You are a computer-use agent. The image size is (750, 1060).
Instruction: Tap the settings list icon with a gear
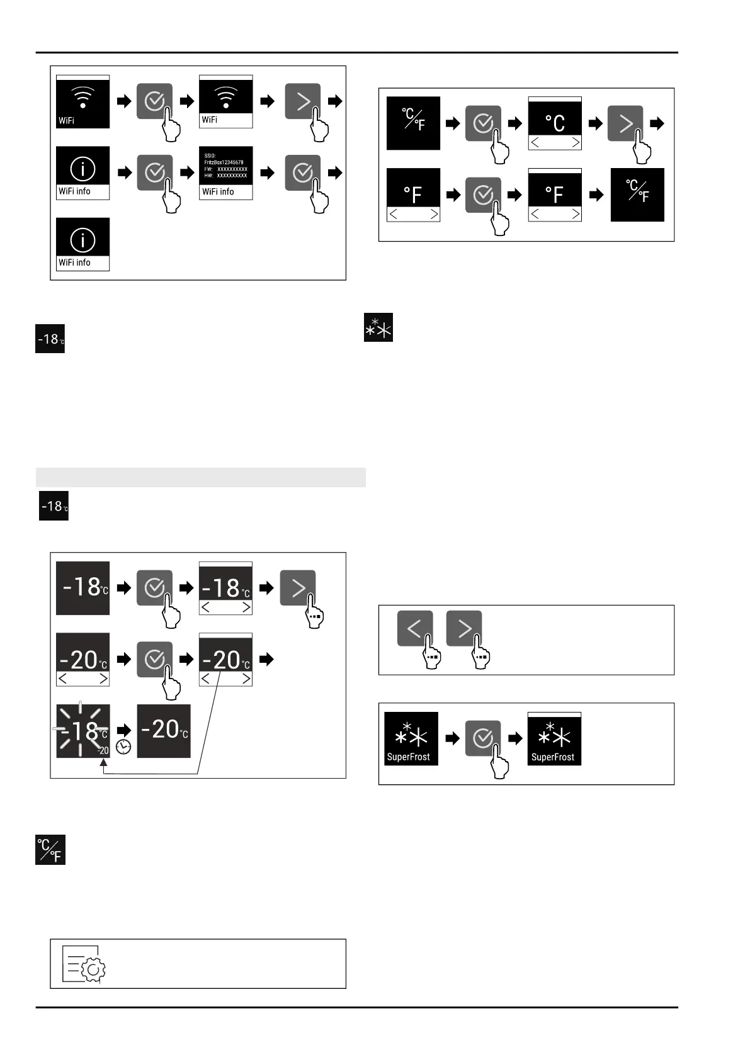pos(84,964)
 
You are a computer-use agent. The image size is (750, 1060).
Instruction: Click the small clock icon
pos(123,747)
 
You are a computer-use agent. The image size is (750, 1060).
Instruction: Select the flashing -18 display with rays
pos(82,731)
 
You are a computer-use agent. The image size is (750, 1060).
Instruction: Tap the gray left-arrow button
pos(415,628)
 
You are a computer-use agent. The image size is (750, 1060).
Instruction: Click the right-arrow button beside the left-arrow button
pos(464,628)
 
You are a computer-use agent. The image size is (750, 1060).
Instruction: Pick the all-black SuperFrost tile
pos(411,739)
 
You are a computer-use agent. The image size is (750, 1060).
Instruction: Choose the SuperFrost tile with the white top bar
pos(554,739)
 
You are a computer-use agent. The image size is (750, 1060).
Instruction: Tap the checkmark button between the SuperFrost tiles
pos(483,738)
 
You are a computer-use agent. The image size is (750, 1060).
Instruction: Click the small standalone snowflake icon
pos(378,327)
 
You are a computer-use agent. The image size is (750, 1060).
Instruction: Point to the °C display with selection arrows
pos(554,123)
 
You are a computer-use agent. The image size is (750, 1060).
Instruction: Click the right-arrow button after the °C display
pos(625,123)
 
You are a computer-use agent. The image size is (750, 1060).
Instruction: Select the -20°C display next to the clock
pos(164,731)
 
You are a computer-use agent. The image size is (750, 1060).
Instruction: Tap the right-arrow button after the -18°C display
pos(298,588)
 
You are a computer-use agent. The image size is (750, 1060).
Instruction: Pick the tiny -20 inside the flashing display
pos(103,750)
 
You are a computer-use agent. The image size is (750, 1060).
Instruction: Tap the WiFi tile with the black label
pos(82,101)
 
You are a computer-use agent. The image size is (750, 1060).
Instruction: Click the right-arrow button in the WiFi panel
pos(303,101)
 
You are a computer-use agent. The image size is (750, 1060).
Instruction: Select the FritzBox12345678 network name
pos(224,162)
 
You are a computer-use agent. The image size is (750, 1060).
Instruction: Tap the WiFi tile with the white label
pos(225,101)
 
